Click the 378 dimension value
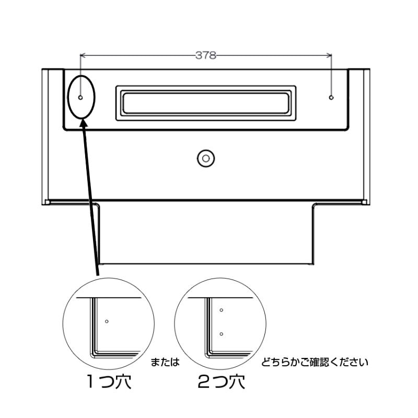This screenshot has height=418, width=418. click(x=205, y=55)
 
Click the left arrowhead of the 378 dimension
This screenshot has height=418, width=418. click(x=83, y=55)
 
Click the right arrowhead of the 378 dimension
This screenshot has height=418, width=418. click(x=329, y=55)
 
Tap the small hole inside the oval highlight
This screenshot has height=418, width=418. click(x=80, y=98)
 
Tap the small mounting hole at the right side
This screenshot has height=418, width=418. click(x=331, y=98)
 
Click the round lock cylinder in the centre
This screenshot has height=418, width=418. click(x=206, y=158)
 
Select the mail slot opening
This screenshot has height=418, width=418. click(x=206, y=103)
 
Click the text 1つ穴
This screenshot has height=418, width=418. click(x=109, y=382)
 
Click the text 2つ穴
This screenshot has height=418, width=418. click(x=221, y=382)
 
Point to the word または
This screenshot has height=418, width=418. click(x=165, y=362)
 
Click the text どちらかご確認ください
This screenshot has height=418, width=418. click(x=315, y=362)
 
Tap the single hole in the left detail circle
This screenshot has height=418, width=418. click(x=107, y=321)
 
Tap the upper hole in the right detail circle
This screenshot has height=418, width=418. click(x=221, y=310)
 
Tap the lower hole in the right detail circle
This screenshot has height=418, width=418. click(x=221, y=334)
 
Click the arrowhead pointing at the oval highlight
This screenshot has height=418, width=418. click(x=85, y=123)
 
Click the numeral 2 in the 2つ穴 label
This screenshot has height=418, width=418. click(x=203, y=382)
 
